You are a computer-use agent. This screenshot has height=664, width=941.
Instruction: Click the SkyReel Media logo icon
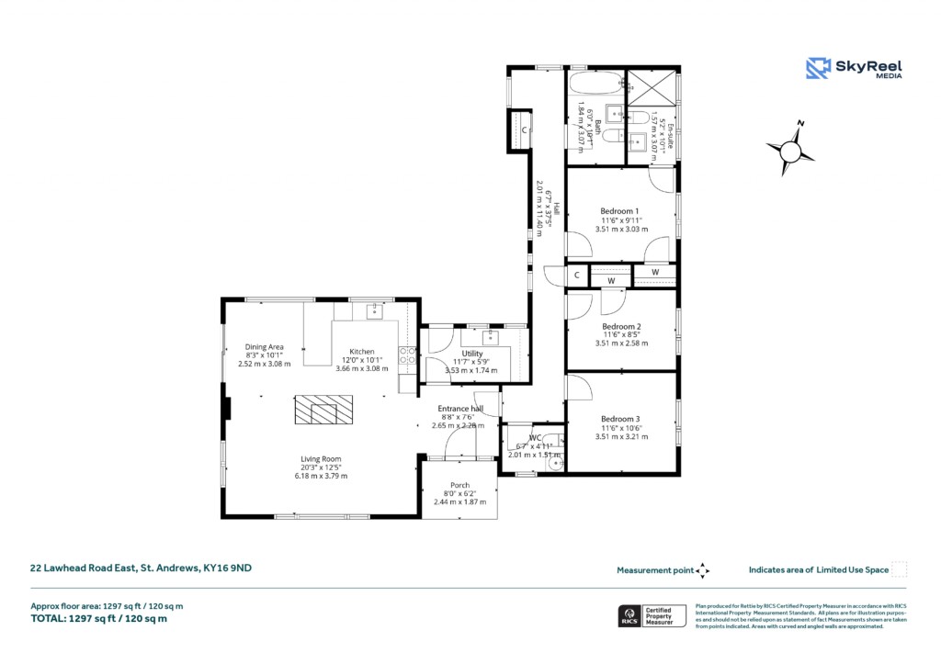pyautogui.click(x=818, y=68)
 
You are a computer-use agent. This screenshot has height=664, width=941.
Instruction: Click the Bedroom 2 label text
pyautogui.click(x=621, y=326)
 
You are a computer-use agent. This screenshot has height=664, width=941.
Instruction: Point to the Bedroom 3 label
pyautogui.click(x=621, y=419)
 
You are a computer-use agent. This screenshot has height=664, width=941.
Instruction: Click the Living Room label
pyautogui.click(x=321, y=459)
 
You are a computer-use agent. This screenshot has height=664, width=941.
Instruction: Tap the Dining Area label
pyautogui.click(x=264, y=346)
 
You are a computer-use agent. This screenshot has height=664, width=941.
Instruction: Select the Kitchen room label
pyautogui.click(x=361, y=352)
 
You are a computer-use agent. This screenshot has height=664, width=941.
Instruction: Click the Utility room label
pyautogui.click(x=472, y=354)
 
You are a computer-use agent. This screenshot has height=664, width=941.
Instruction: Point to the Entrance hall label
pyautogui.click(x=460, y=408)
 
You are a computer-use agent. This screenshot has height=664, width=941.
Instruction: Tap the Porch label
pyautogui.click(x=459, y=485)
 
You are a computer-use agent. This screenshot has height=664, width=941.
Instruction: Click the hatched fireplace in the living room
pyautogui.click(x=323, y=410)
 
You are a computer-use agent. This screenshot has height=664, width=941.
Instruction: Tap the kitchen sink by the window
pyautogui.click(x=374, y=311)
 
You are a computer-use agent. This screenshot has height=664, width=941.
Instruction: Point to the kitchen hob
pyautogui.click(x=407, y=354)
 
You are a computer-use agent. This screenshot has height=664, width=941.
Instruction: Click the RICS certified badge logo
pyautogui.click(x=630, y=615)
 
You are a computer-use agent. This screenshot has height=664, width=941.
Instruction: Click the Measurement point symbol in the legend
pyautogui.click(x=703, y=570)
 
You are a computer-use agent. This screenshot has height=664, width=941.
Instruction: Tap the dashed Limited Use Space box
pyautogui.click(x=900, y=569)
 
